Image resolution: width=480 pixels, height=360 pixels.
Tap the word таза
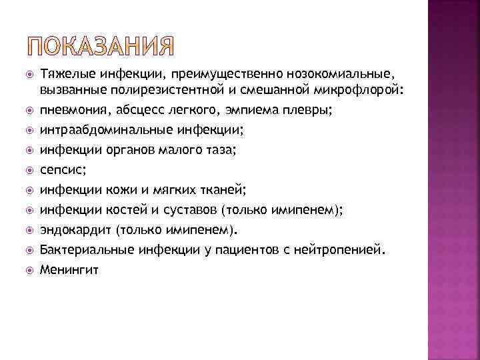point(219,150)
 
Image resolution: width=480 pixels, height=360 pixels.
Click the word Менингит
point(69,270)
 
